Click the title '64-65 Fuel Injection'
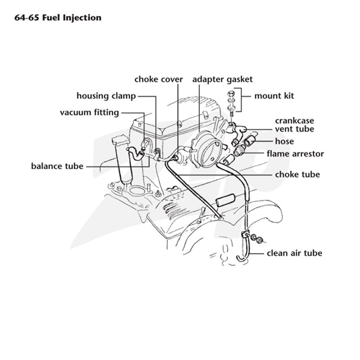click(x=58, y=18)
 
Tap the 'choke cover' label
click(x=159, y=79)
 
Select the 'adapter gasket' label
click(x=222, y=80)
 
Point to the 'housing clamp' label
click(x=106, y=96)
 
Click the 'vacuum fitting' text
click(x=90, y=112)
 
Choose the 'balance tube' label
click(x=57, y=166)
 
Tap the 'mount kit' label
click(x=274, y=96)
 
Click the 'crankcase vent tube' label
click(x=295, y=125)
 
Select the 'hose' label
click(x=284, y=141)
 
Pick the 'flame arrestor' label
click(x=295, y=153)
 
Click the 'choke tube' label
click(x=297, y=175)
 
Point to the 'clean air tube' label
click(x=295, y=253)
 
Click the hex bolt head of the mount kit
click(x=231, y=94)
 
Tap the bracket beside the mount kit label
click(x=239, y=100)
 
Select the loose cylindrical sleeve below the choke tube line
click(x=226, y=200)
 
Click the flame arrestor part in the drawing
click(x=239, y=150)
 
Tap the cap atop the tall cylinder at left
click(x=120, y=140)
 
